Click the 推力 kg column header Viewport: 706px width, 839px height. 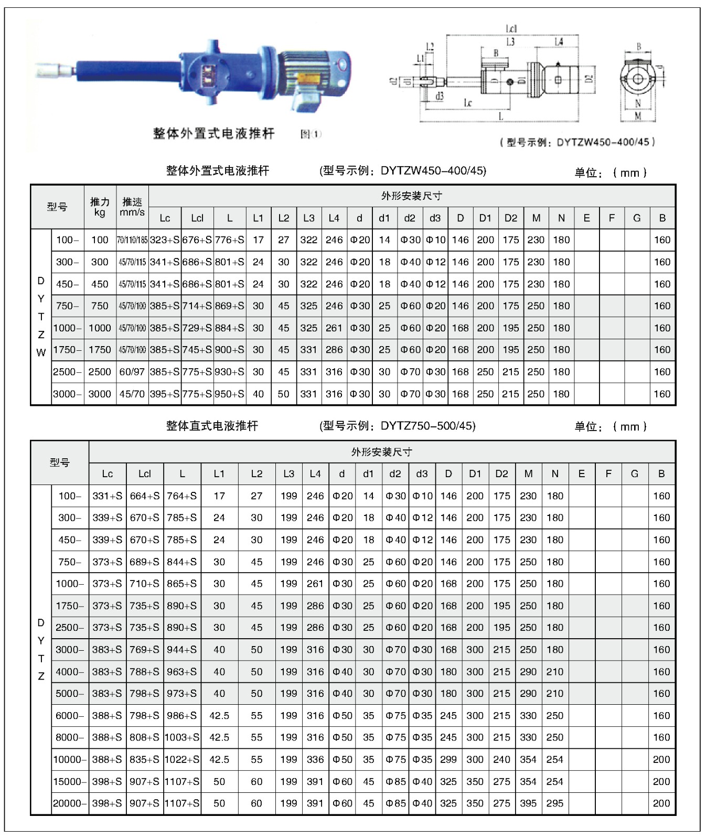(100, 207)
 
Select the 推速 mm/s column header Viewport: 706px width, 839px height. (132, 207)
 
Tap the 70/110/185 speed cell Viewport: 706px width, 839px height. (132, 240)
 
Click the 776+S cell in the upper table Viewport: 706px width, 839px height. (230, 240)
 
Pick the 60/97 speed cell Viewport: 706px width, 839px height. (132, 372)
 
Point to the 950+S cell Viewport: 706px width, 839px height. (230, 394)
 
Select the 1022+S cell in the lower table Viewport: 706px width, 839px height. (182, 759)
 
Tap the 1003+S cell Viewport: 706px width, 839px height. (182, 737)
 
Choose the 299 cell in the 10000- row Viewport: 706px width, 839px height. (448, 759)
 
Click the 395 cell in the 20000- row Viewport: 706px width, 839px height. (528, 803)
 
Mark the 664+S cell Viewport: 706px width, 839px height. (144, 496)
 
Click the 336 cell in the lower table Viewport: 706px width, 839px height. (315, 759)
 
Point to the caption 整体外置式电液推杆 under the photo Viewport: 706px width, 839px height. (213, 134)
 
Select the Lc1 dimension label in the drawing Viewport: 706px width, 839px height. (511, 29)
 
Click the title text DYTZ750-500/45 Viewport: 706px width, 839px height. (428, 426)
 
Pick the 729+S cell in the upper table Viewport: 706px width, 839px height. (197, 328)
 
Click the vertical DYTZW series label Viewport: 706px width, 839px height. (41, 317)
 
